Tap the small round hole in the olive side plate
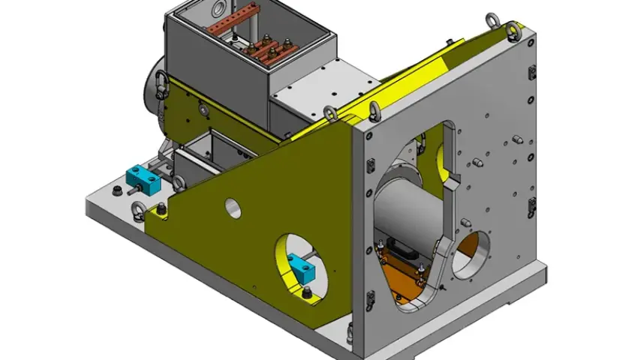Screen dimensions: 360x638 pyautogui.click(x=233, y=208)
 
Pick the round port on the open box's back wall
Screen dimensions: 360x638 pyautogui.click(x=218, y=9)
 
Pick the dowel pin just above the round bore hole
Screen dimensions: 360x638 pyautogui.click(x=465, y=221)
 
